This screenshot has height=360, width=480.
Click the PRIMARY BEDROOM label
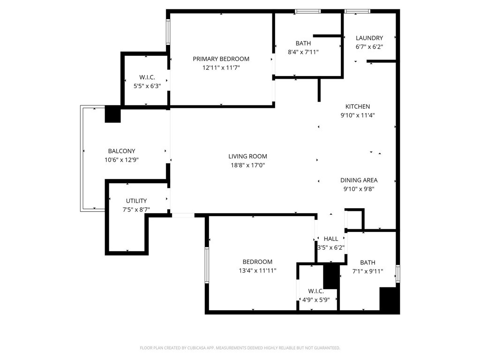pos(221,59)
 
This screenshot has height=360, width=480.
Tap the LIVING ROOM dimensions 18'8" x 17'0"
pos(247,165)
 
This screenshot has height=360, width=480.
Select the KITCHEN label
pos(358,106)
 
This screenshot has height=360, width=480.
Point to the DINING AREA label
pos(359,180)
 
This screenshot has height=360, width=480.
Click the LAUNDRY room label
pos(369,38)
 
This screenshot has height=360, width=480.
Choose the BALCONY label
pos(121,151)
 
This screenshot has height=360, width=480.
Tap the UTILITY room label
pos(136,201)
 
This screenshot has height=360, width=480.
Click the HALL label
pos(331,239)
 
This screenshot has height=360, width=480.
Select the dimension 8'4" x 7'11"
pos(303,52)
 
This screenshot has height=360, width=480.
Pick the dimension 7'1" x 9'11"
pos(367,271)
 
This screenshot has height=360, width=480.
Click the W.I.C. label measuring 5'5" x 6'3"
pos(147,77)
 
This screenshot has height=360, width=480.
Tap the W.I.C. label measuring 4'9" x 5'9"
pos(316,291)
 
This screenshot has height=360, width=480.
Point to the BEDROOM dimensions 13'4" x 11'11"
pos(257,270)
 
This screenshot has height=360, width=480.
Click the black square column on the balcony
pos(112,114)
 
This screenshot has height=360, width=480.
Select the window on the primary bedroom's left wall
pos(168,32)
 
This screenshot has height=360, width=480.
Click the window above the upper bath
pos(307,11)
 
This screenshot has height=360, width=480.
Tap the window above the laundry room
pos(357,11)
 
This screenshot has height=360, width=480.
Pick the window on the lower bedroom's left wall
pos(207,265)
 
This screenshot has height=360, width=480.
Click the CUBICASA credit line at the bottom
pos(240,348)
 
